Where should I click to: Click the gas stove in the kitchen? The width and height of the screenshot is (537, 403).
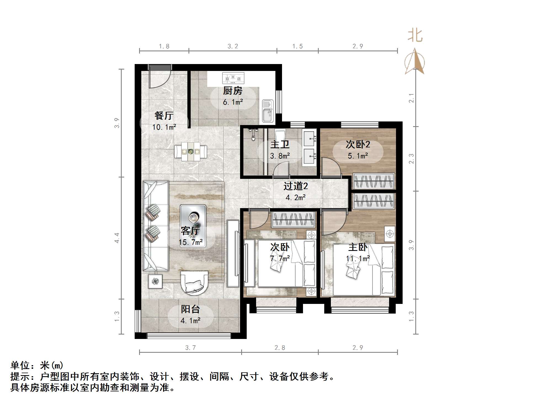(233, 78)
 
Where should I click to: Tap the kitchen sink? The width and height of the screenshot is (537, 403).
(267, 111)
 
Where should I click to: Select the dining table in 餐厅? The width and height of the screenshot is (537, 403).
(190, 152)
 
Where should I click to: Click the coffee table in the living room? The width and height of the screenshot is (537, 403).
(193, 226)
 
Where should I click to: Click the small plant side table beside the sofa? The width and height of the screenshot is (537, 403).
(155, 282)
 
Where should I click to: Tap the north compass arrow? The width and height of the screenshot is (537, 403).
(415, 62)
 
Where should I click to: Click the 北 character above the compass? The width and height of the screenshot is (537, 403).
(415, 36)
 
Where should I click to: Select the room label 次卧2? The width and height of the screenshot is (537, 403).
(358, 145)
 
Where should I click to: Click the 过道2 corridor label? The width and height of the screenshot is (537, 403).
(296, 186)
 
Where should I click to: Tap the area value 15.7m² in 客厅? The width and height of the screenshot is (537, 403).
(190, 243)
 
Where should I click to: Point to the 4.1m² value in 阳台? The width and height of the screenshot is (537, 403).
(190, 321)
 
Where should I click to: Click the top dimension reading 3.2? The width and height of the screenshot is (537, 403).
(233, 46)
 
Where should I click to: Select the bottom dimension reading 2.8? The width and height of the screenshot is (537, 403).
(280, 348)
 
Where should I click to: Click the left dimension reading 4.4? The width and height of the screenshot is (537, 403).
(117, 238)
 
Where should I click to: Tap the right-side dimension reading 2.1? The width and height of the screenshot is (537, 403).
(411, 98)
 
